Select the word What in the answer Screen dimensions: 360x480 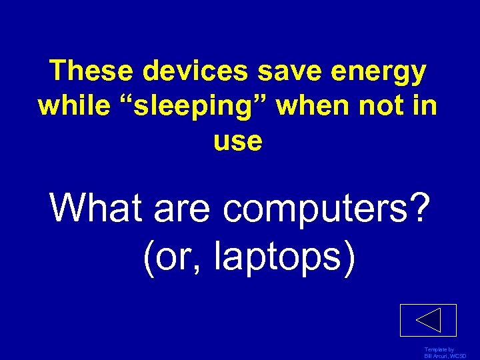click(97, 209)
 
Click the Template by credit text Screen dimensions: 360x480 click(439, 349)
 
